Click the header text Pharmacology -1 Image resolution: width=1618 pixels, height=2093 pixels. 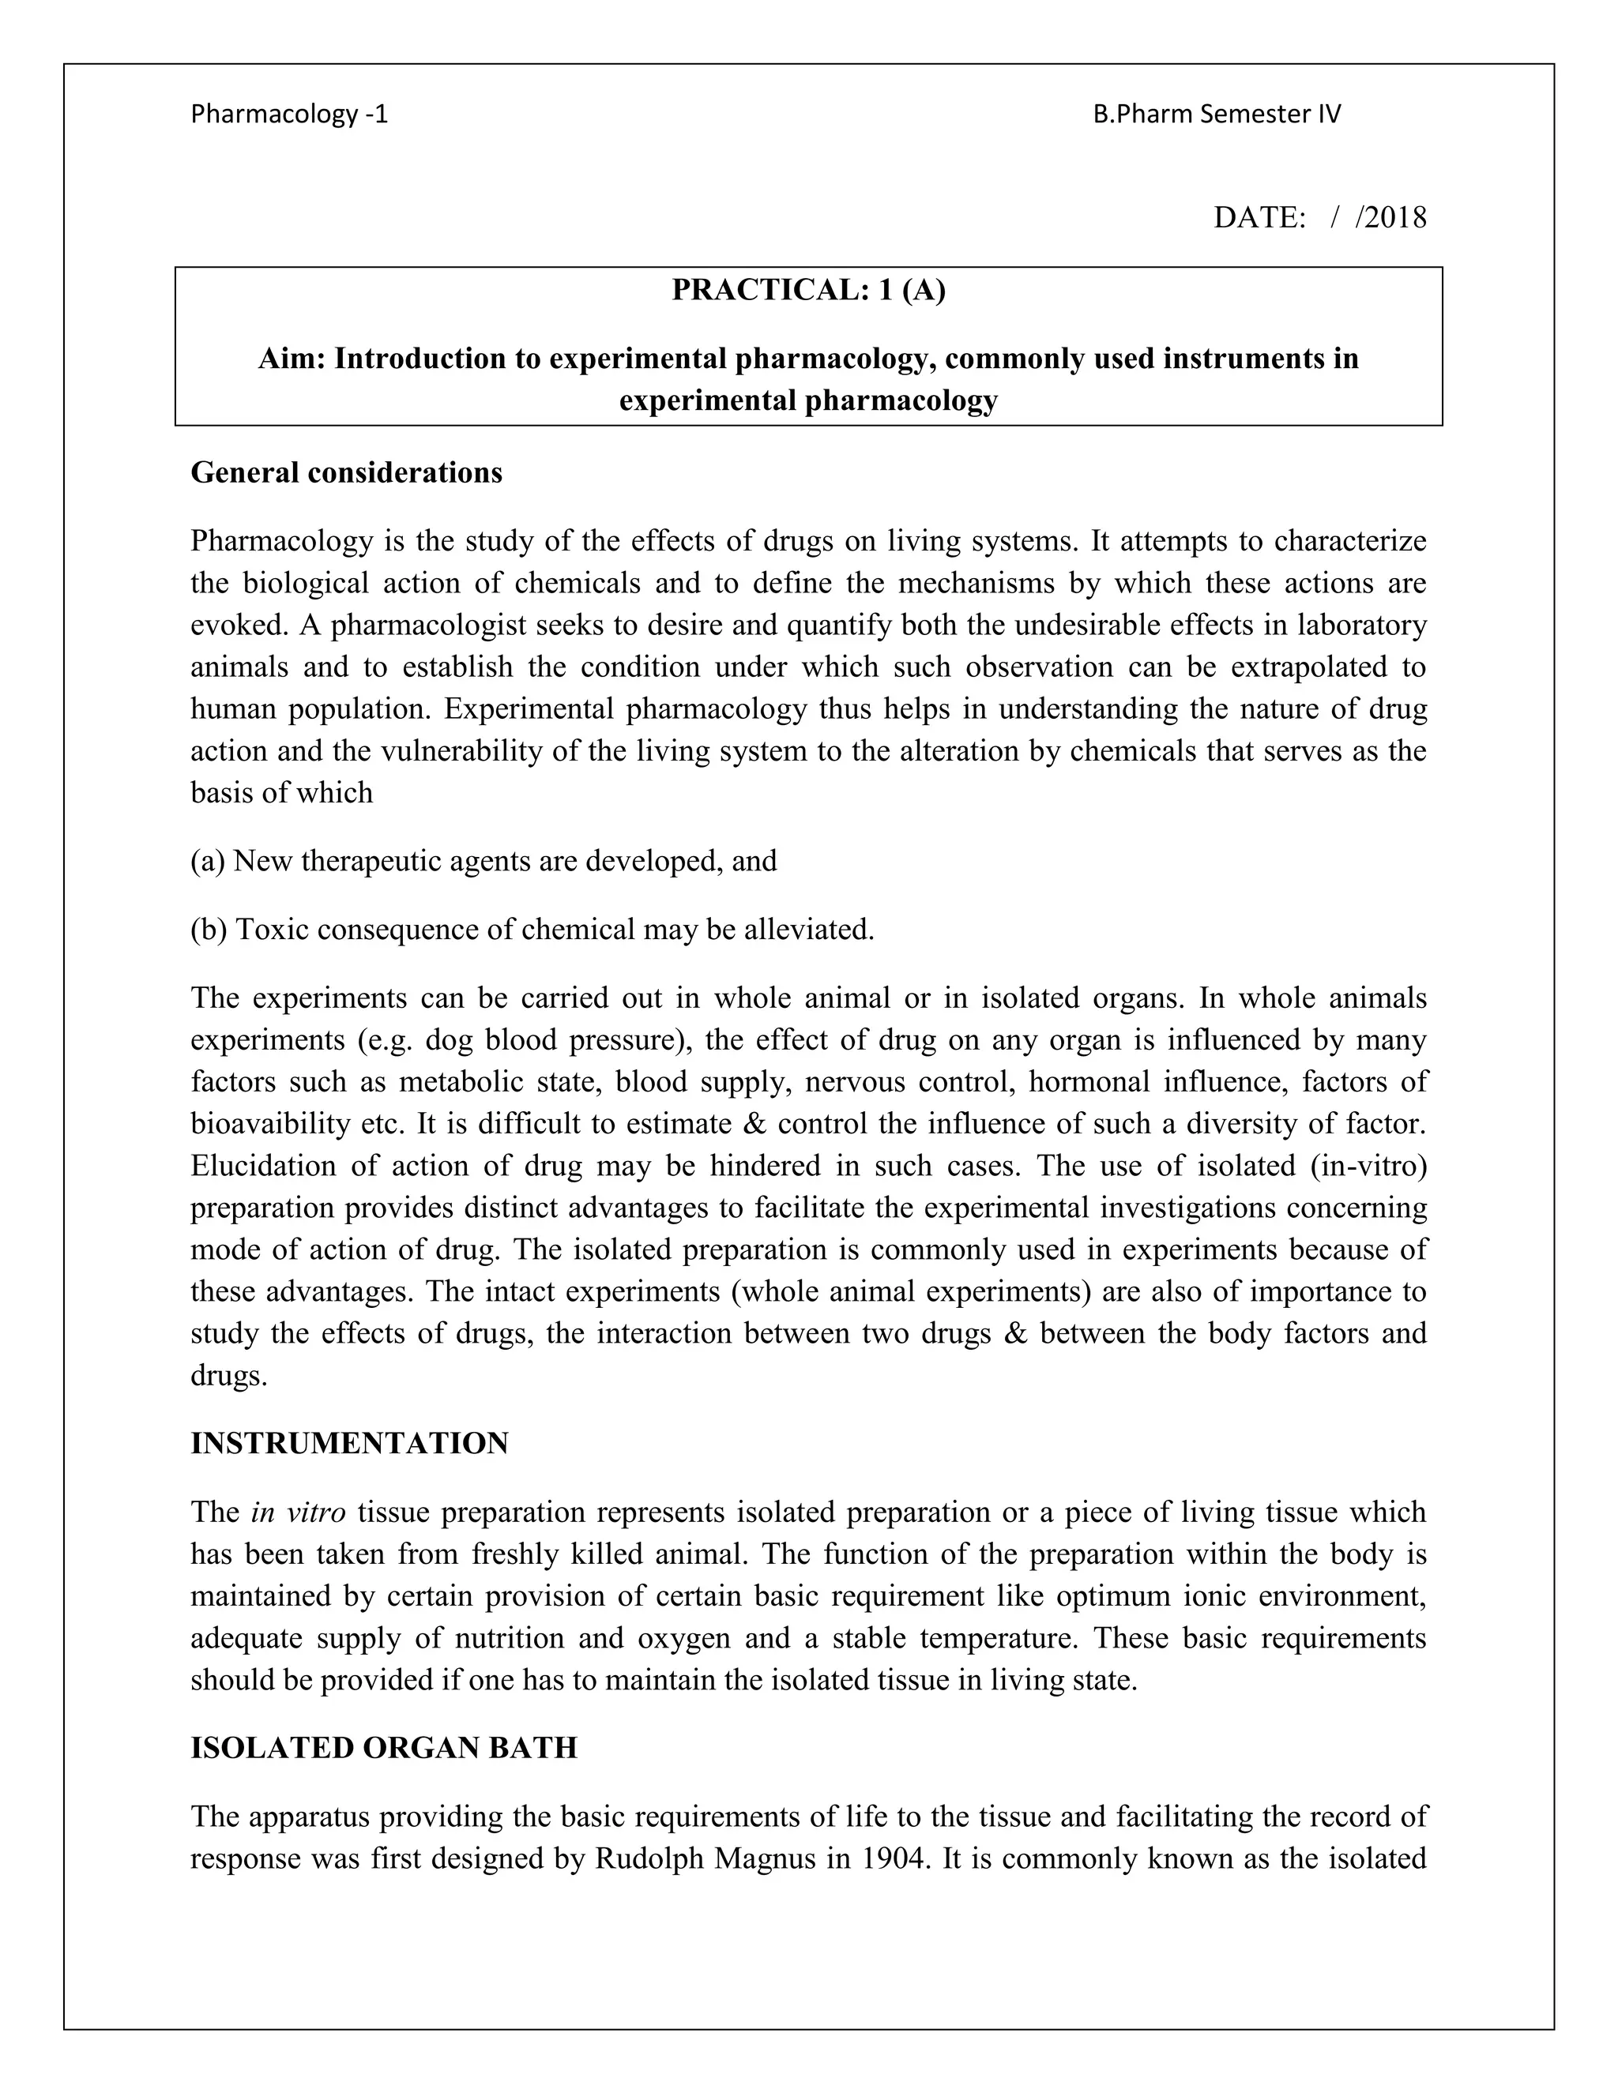[289, 114]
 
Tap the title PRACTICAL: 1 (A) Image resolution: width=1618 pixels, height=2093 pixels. [808, 289]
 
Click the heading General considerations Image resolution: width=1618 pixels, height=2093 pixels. [346, 472]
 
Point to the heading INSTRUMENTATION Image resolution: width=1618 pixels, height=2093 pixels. [349, 1443]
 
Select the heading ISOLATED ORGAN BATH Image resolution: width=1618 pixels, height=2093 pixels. [383, 1747]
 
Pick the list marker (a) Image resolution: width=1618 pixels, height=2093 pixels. [207, 861]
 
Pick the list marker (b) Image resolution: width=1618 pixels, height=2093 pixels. [208, 930]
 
